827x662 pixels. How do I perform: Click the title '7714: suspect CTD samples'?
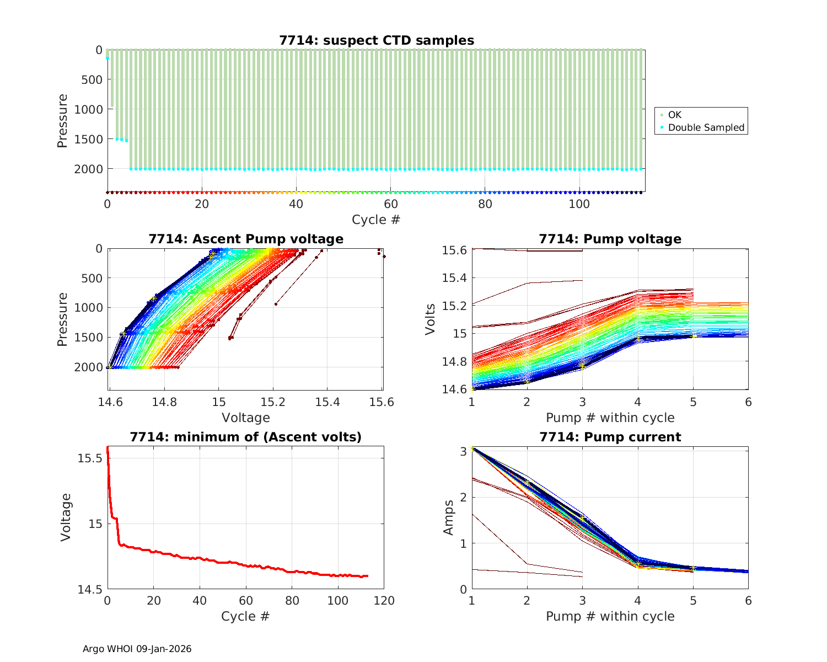(x=377, y=40)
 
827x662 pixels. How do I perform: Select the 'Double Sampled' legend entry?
(x=706, y=127)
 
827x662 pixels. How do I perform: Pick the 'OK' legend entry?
(x=674, y=115)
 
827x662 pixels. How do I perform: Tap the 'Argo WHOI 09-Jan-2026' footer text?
(x=137, y=649)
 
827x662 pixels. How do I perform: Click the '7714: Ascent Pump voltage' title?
(x=246, y=239)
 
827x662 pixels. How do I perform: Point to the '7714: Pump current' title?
(x=610, y=437)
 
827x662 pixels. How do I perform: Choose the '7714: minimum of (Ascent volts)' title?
(x=246, y=437)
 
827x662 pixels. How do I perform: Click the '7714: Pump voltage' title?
(x=610, y=239)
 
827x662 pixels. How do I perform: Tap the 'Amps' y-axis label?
(x=449, y=517)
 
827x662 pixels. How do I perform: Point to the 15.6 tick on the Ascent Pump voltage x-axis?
(x=382, y=402)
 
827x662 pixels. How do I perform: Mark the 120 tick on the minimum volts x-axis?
(x=384, y=601)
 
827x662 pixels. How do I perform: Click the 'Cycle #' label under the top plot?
(x=376, y=220)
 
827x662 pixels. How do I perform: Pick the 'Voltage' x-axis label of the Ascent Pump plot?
(x=246, y=418)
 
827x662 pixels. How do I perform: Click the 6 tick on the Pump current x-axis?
(x=748, y=601)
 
